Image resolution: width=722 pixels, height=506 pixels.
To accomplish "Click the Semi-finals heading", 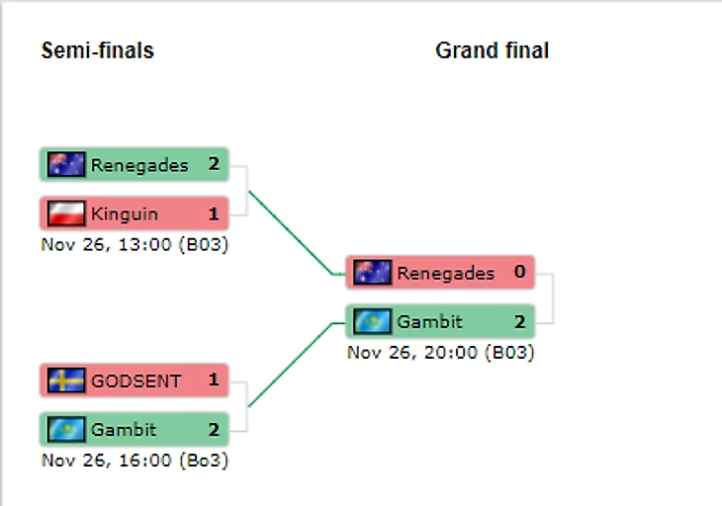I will click(x=97, y=50).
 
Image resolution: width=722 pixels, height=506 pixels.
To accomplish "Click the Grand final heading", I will click(x=492, y=50).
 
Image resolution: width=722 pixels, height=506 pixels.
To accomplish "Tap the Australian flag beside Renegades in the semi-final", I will click(x=66, y=165).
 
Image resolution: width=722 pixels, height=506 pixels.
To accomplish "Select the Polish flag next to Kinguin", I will click(x=66, y=213).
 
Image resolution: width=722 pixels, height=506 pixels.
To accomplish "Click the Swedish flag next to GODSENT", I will click(x=66, y=380).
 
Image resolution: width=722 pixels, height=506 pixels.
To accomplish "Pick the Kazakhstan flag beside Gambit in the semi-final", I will click(x=66, y=430).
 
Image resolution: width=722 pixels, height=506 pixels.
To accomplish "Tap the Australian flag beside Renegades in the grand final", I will click(x=373, y=273).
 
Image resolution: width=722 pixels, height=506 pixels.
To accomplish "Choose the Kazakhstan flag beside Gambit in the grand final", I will click(x=373, y=321).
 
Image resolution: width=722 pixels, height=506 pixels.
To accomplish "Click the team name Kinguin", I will click(x=125, y=213).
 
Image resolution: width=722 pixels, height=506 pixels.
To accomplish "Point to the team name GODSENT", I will click(x=136, y=380).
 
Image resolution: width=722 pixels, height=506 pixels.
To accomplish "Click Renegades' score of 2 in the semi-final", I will click(x=214, y=165).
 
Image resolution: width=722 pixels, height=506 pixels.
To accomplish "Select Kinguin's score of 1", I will click(x=214, y=213).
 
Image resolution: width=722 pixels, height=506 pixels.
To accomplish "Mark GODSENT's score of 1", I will click(x=214, y=380).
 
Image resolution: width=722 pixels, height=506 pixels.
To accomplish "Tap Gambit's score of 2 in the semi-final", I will click(x=214, y=430).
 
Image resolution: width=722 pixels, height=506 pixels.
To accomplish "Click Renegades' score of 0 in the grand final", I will click(x=519, y=273).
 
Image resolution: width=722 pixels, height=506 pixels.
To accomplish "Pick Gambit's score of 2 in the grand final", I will click(x=519, y=321).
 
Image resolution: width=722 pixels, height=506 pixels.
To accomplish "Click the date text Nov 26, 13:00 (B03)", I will click(x=135, y=244).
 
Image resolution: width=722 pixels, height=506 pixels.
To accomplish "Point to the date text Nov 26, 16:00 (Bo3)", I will click(x=135, y=460).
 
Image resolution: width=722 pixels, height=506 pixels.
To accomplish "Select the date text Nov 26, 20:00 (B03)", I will click(x=440, y=352).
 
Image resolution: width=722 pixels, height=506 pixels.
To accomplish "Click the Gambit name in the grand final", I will click(x=430, y=321).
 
